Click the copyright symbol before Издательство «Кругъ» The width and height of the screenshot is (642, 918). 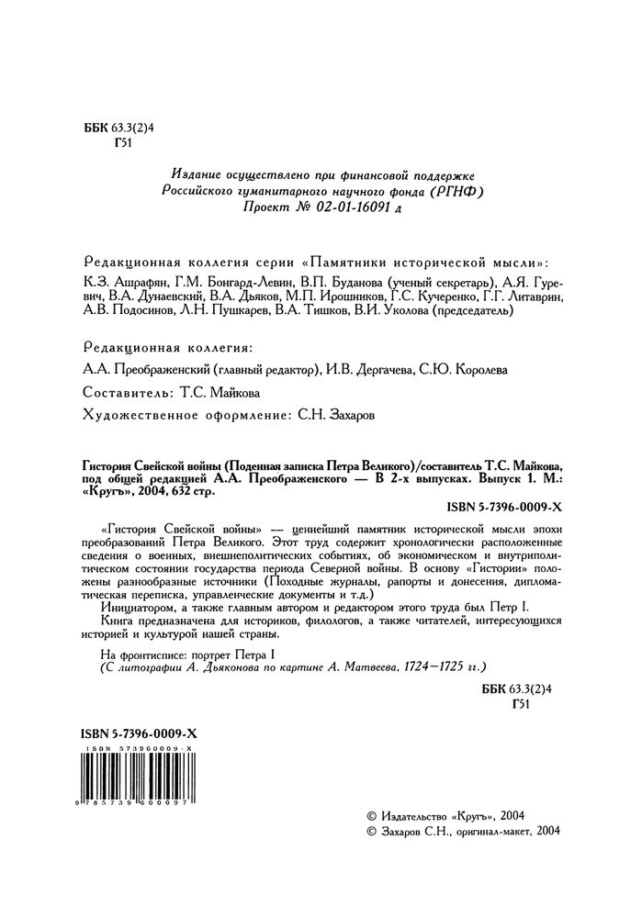point(372,815)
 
